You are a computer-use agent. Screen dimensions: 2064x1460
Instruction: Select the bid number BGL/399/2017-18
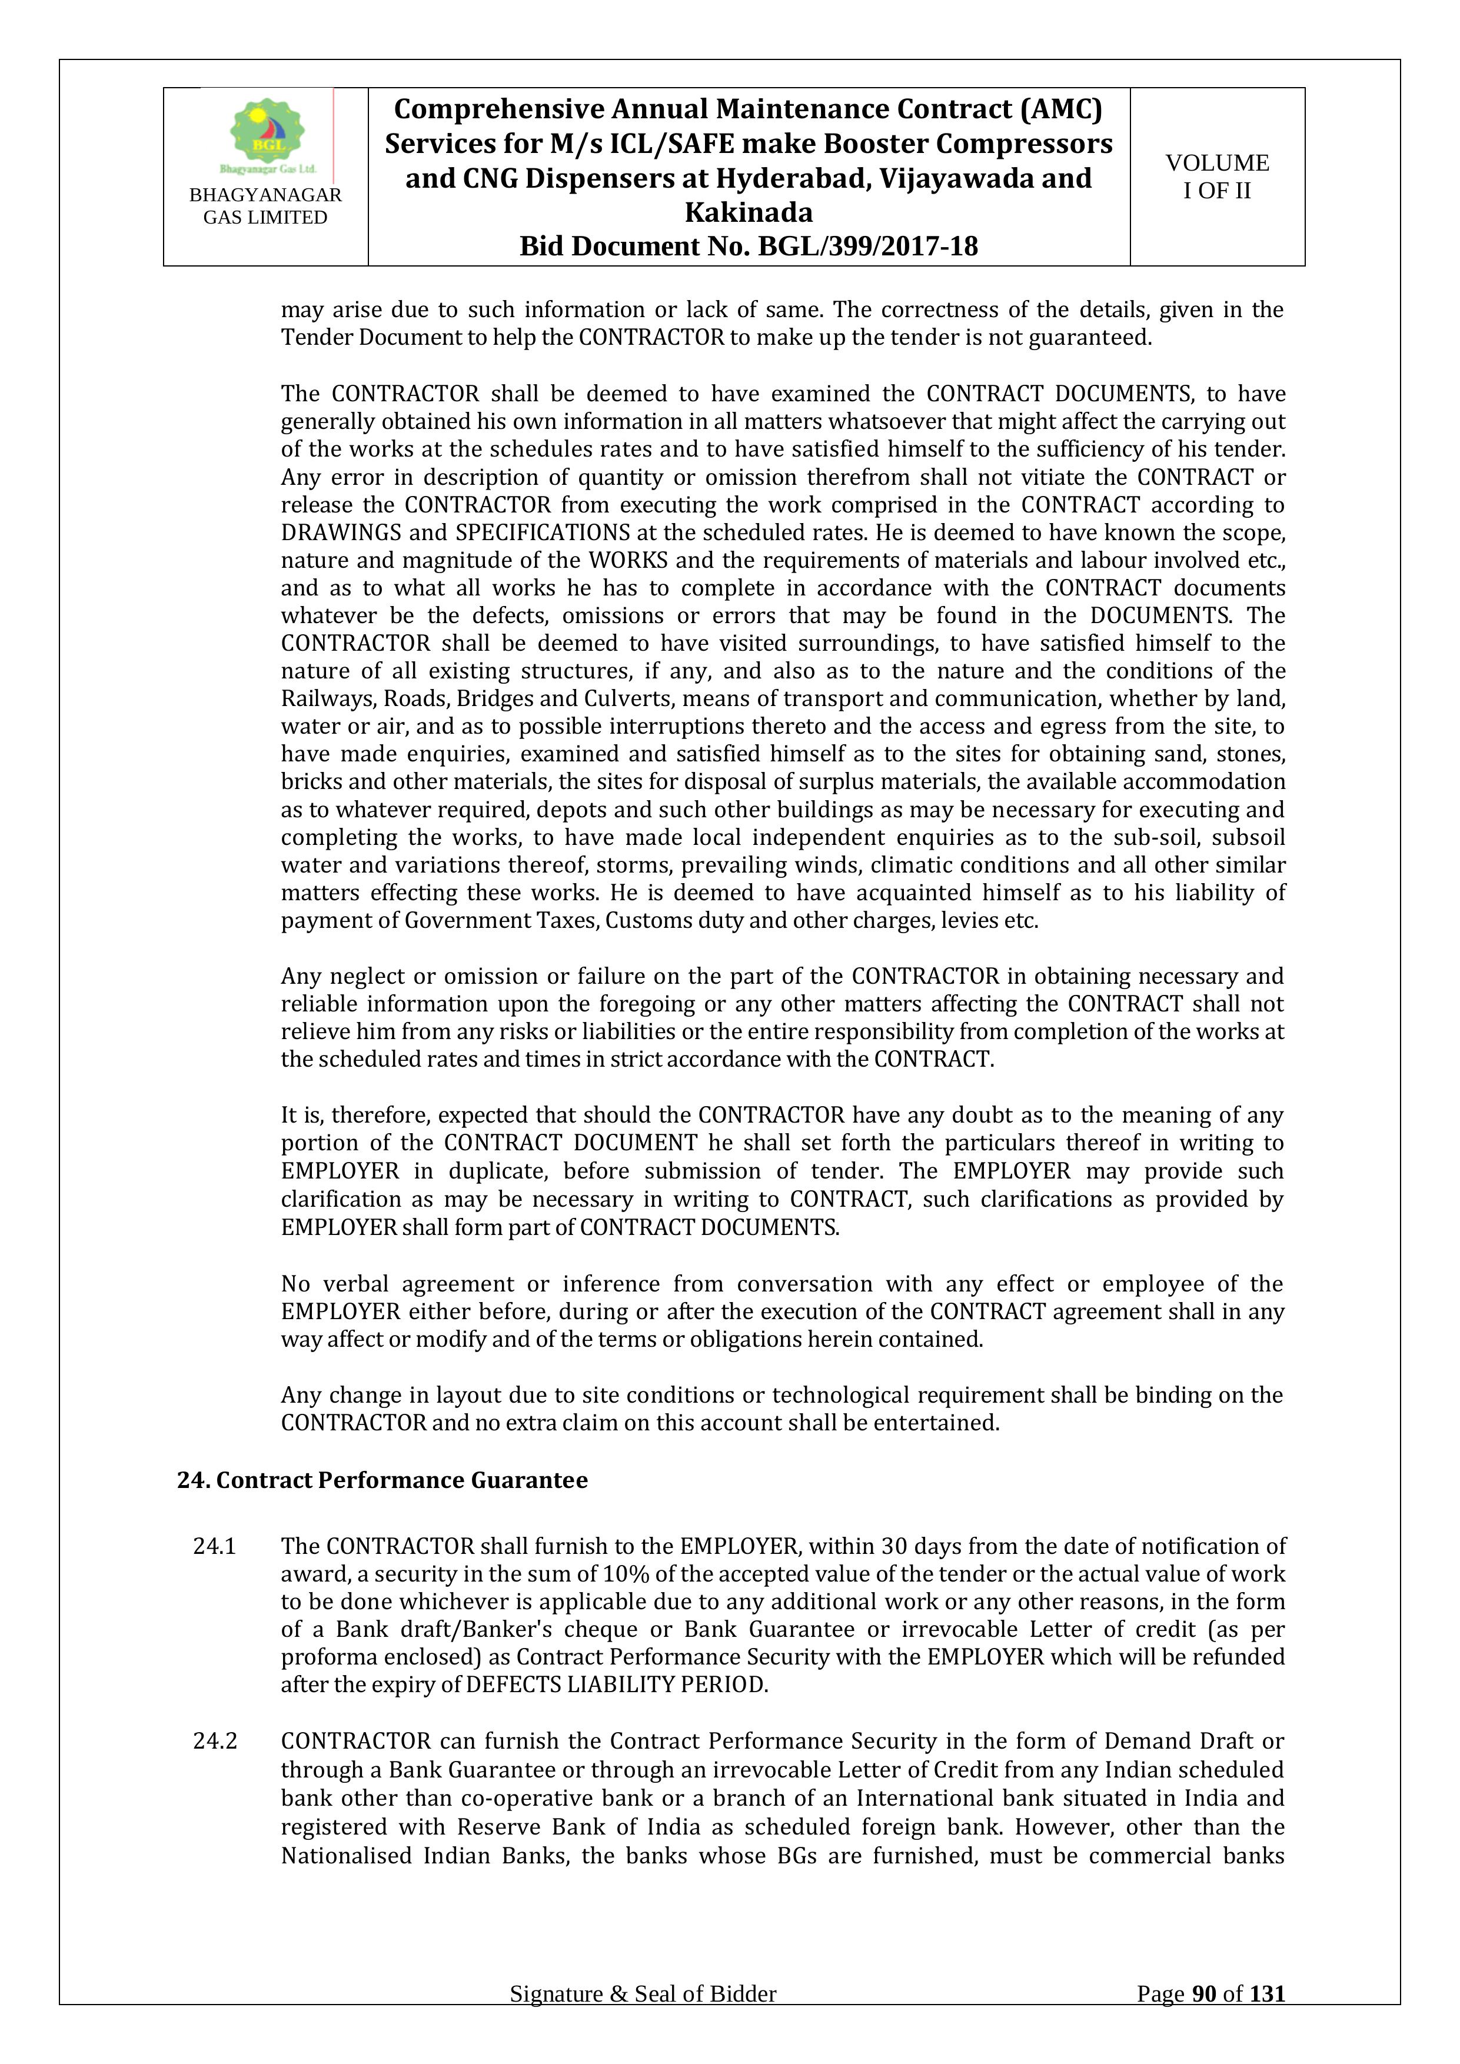coord(867,247)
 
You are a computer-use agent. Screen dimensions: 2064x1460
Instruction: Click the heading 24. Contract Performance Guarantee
coord(382,1480)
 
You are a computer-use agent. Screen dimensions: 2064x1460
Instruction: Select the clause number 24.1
coord(215,1546)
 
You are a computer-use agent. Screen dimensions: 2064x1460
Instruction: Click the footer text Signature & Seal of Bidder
coord(643,2019)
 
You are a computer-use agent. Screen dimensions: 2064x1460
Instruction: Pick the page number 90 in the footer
coord(1205,2019)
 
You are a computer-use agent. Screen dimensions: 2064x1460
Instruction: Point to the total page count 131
coord(1267,2019)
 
